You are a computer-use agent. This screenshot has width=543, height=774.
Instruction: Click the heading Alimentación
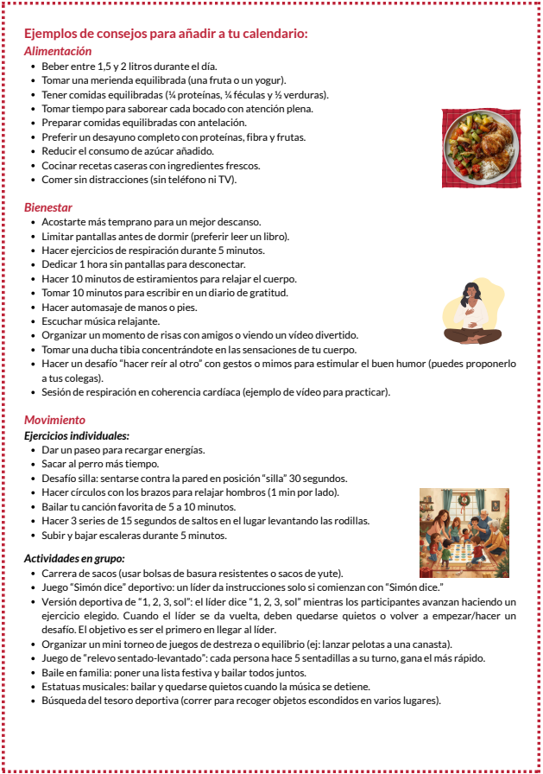(57, 51)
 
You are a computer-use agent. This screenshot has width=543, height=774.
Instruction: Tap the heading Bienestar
(48, 207)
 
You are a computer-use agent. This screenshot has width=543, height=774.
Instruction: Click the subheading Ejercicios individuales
(77, 436)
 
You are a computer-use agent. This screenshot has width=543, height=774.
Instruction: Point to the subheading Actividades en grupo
(74, 559)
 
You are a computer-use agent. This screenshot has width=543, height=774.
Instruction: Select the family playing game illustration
(464, 533)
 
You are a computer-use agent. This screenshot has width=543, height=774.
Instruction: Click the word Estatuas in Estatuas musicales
(63, 687)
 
